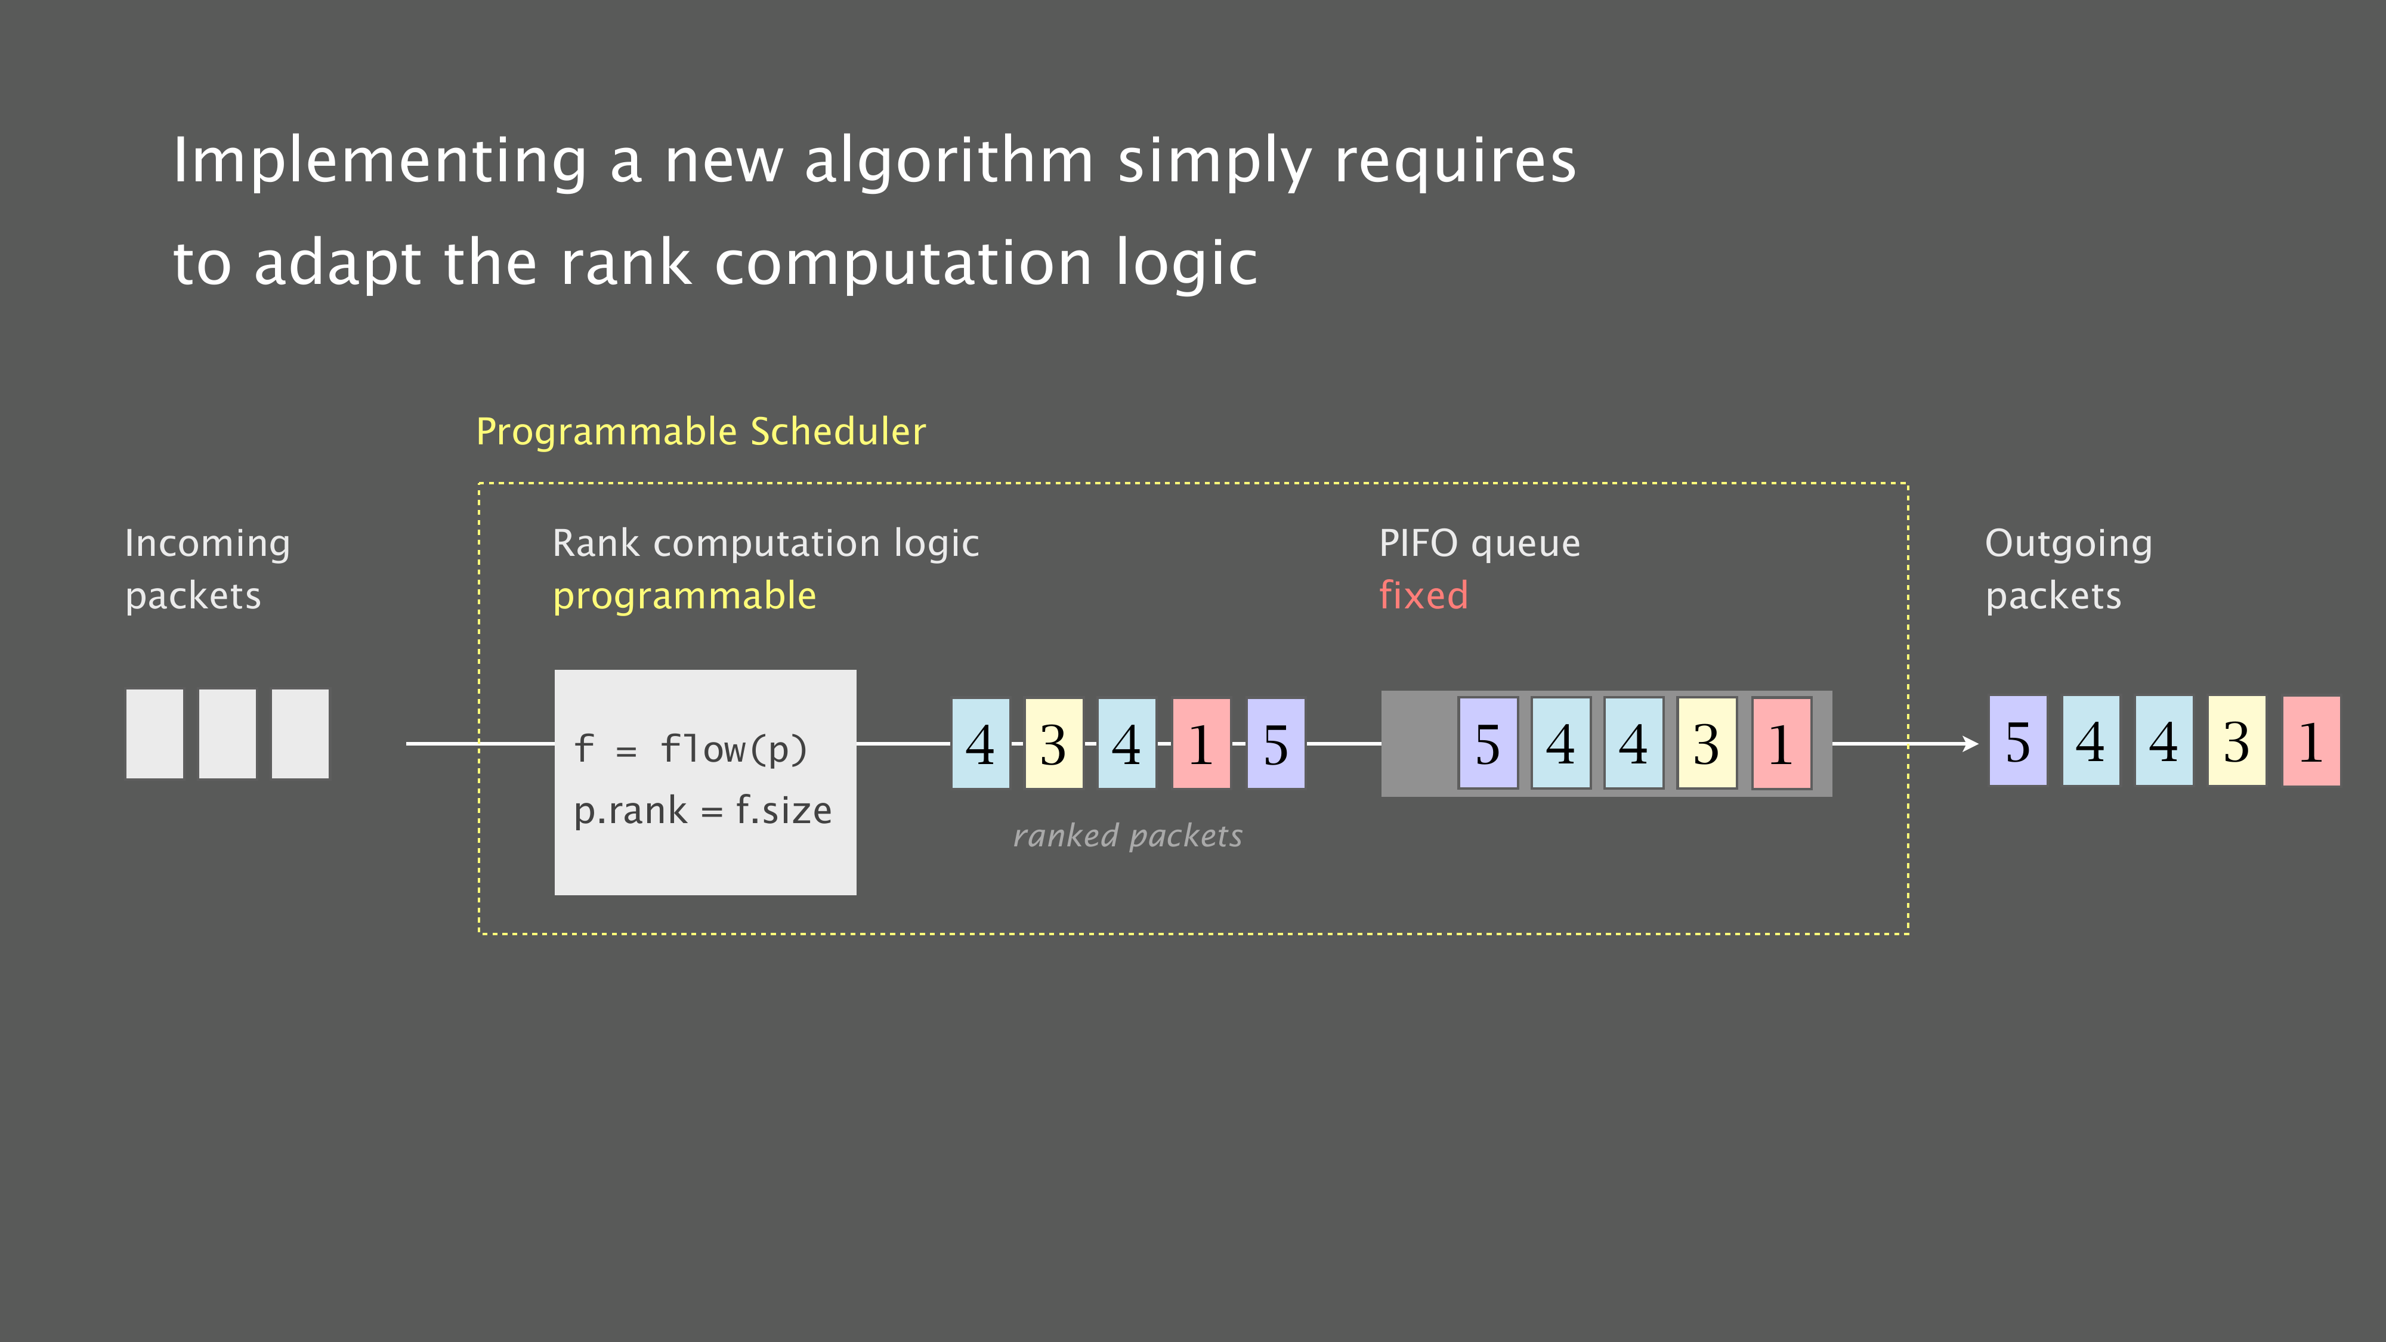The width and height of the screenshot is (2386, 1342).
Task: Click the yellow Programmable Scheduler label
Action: click(701, 432)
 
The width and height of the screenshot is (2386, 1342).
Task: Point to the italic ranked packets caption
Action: click(1127, 836)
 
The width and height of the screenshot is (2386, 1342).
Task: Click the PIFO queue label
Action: click(1479, 543)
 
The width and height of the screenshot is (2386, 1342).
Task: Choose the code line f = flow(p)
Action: click(691, 749)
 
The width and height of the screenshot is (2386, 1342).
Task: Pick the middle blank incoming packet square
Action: click(227, 734)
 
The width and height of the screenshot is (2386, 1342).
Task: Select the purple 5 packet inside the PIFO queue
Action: click(1488, 743)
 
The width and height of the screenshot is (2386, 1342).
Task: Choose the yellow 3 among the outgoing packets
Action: click(2237, 741)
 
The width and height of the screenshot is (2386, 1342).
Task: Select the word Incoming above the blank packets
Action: click(208, 543)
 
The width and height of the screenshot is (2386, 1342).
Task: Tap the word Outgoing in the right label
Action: click(2068, 543)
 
